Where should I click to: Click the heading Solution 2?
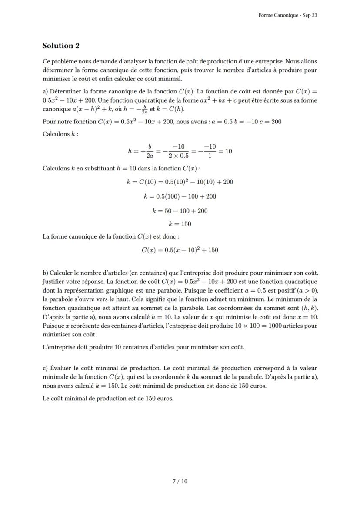(61, 46)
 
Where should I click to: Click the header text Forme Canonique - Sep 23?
(287, 15)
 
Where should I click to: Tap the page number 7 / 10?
(180, 481)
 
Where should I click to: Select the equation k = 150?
(180, 224)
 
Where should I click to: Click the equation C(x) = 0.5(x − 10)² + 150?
(180, 250)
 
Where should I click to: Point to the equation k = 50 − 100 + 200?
(180, 211)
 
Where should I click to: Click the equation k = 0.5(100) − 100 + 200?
(180, 196)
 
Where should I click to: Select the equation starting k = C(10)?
(180, 182)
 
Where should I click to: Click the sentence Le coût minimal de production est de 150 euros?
(108, 398)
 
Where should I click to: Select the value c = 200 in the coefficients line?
(270, 121)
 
